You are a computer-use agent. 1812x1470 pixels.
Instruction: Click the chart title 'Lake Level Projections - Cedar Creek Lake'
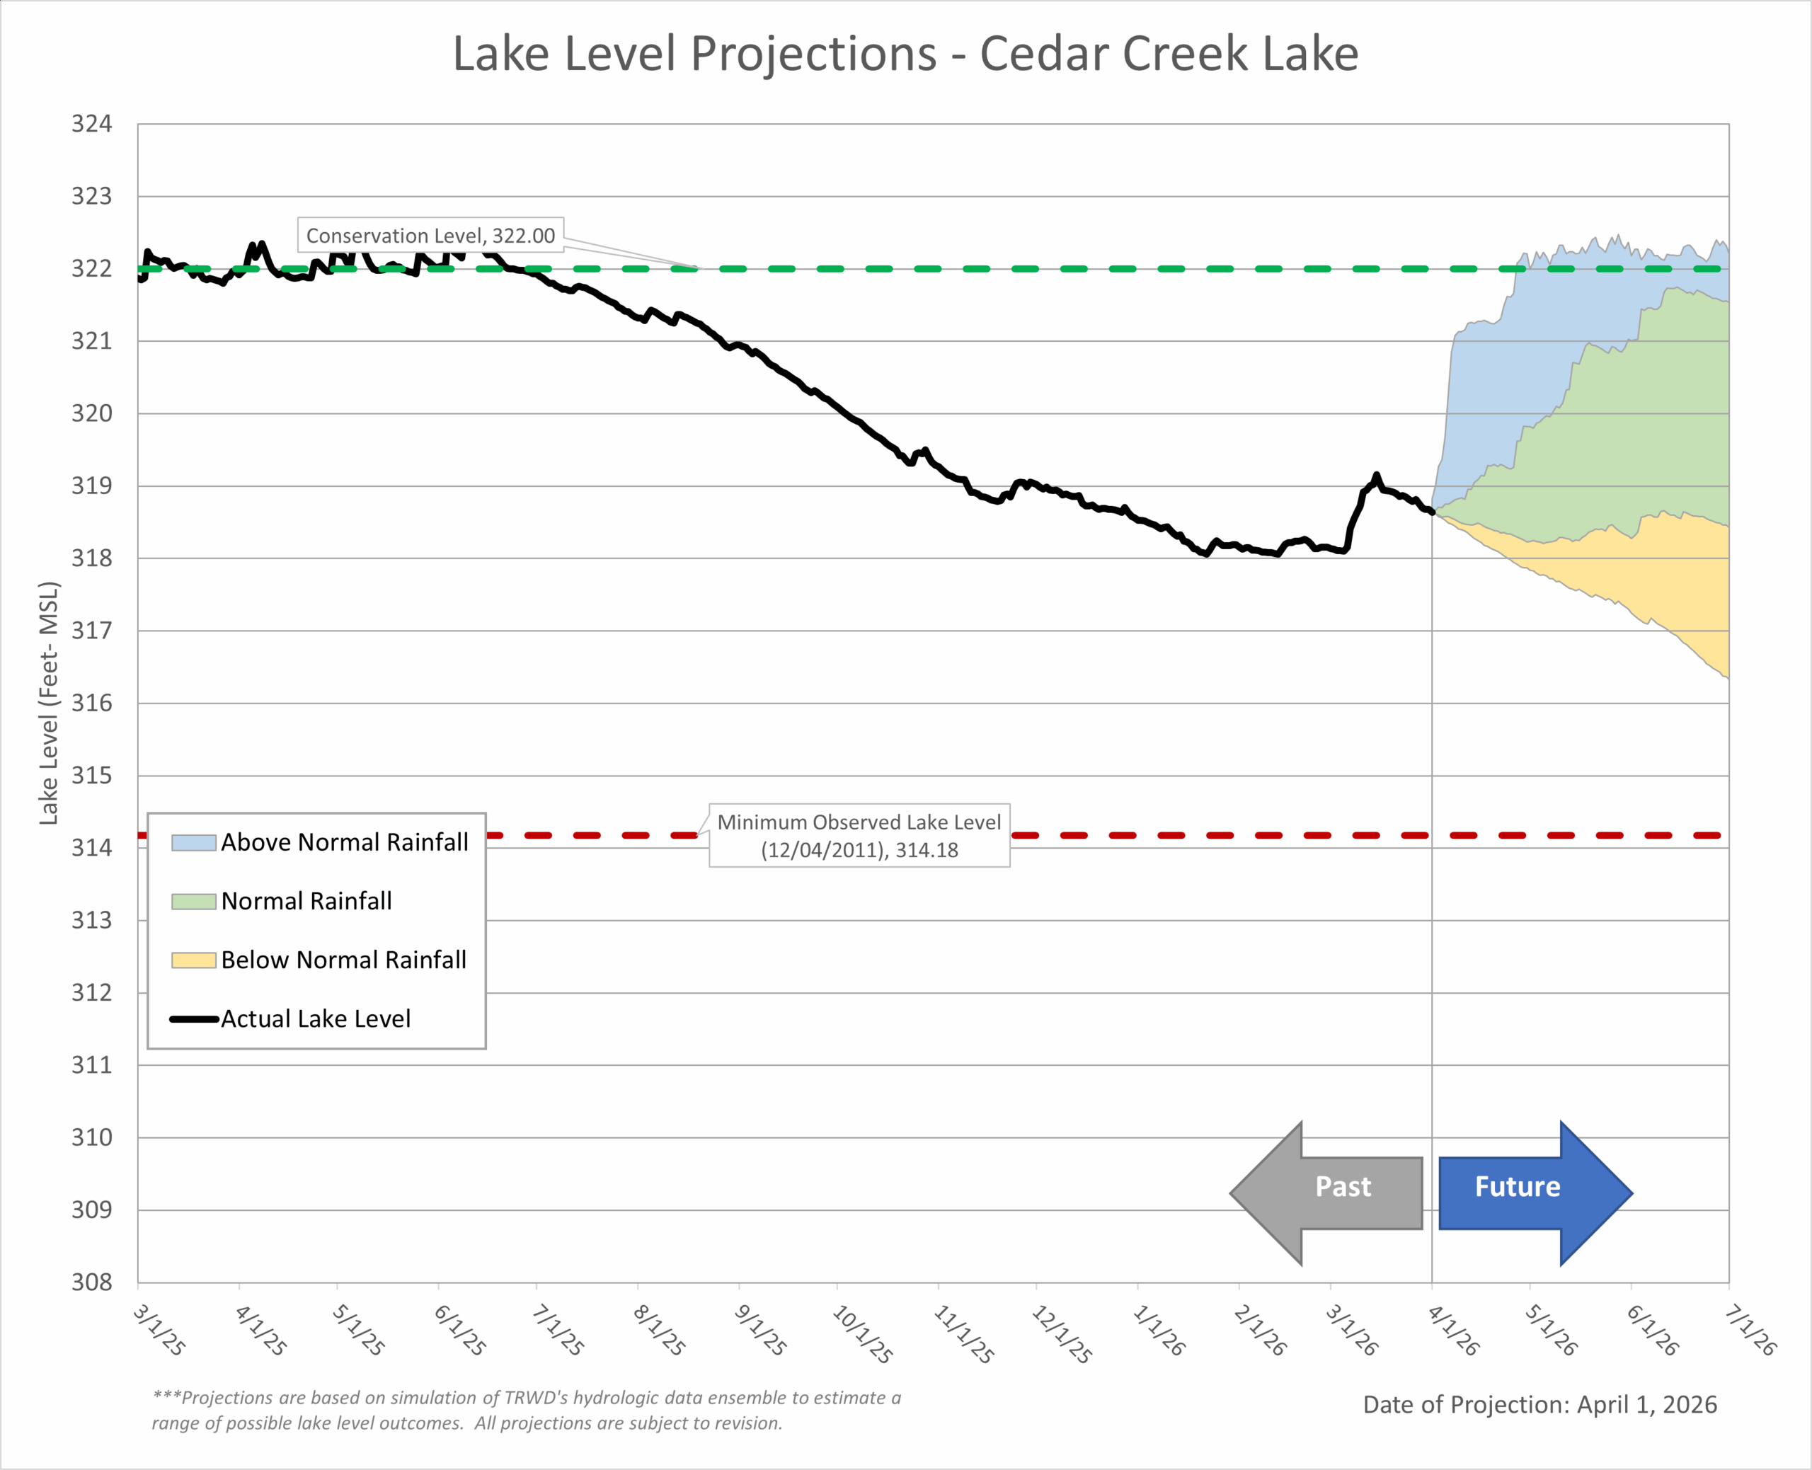tap(905, 54)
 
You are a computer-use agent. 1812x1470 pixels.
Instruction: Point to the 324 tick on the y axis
tap(91, 125)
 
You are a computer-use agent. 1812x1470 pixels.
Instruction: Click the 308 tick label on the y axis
tap(91, 1282)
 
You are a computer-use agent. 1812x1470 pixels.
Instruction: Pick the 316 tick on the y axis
tap(91, 703)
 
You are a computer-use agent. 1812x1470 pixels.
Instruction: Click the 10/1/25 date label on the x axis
tap(863, 1333)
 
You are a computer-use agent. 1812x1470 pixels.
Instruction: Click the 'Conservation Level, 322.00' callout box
tap(430, 236)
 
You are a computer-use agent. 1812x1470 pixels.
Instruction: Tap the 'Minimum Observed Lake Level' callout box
tap(859, 836)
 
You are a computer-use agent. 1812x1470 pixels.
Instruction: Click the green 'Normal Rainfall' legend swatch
tap(193, 902)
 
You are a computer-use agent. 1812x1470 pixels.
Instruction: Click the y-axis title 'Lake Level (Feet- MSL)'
tap(49, 703)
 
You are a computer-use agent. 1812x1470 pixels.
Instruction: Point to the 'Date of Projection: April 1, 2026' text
tap(1539, 1405)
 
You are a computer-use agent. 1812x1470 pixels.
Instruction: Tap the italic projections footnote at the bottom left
tap(526, 1410)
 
